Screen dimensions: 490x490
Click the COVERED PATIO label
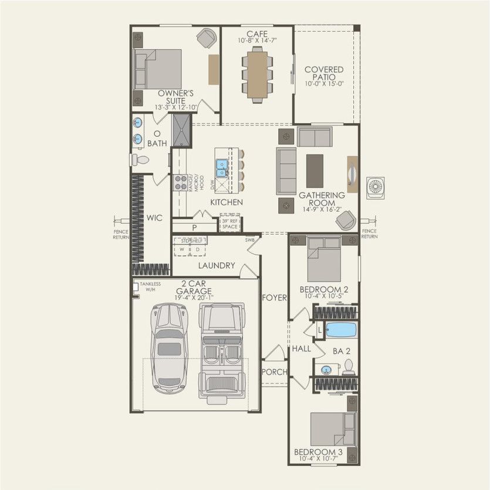point(324,73)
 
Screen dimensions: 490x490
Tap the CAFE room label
point(257,34)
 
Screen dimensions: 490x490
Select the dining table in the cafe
point(257,73)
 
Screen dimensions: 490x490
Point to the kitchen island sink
point(222,168)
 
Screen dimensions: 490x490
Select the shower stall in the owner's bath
point(181,131)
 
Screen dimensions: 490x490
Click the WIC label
point(154,218)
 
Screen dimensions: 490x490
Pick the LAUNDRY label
point(216,265)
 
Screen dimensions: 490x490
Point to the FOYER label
point(274,298)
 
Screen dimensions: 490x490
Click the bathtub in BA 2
point(341,330)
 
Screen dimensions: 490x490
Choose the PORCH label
point(273,371)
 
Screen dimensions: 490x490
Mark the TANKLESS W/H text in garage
point(150,286)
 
